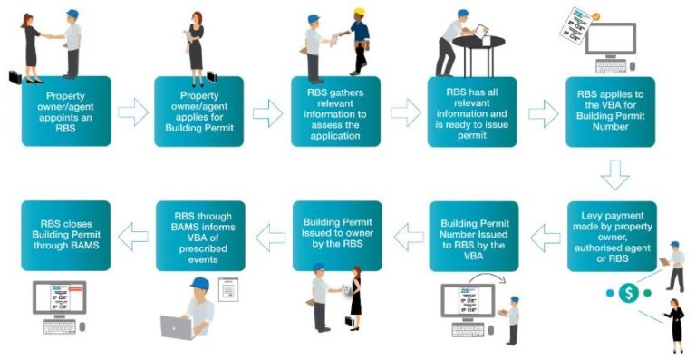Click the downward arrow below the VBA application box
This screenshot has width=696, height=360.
point(614,174)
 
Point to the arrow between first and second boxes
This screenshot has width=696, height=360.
point(133,112)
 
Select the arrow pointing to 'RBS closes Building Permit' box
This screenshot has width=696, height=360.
point(133,238)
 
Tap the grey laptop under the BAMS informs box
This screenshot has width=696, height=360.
point(177,326)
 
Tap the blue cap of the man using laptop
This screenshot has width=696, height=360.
point(200,285)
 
